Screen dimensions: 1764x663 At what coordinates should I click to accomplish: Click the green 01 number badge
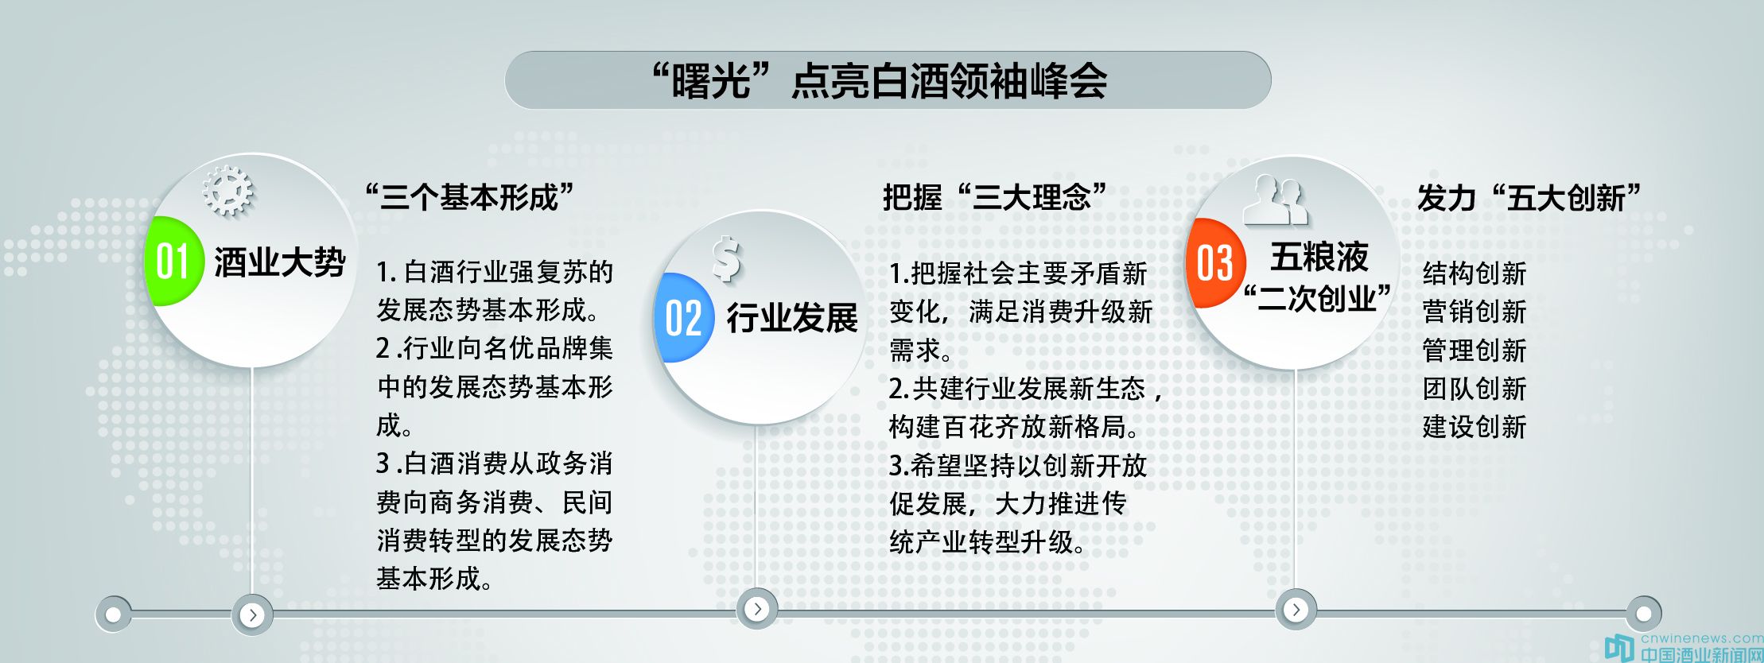pyautogui.click(x=173, y=261)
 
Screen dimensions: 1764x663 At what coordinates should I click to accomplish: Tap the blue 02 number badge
pyautogui.click(x=682, y=318)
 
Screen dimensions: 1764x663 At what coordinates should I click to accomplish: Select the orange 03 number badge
pyautogui.click(x=1214, y=263)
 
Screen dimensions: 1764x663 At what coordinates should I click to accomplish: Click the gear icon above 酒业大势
pyautogui.click(x=227, y=191)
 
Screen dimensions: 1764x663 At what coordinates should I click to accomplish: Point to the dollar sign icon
pyautogui.click(x=727, y=259)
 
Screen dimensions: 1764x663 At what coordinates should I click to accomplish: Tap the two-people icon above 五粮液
pyautogui.click(x=1276, y=200)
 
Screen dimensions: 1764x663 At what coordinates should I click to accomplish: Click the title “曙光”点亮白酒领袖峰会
pyautogui.click(x=879, y=81)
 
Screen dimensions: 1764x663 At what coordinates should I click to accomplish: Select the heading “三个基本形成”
pyautogui.click(x=469, y=196)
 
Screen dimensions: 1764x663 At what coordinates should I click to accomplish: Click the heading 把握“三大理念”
pyautogui.click(x=994, y=196)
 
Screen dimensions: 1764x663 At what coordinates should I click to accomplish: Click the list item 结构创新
pyautogui.click(x=1475, y=273)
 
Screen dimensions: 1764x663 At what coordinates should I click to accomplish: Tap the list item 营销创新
pyautogui.click(x=1475, y=311)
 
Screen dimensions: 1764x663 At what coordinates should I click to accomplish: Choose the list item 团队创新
pyautogui.click(x=1475, y=388)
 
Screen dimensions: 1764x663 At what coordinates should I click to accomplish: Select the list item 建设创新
pyautogui.click(x=1475, y=426)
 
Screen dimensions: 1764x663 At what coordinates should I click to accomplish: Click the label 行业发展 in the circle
pyautogui.click(x=792, y=318)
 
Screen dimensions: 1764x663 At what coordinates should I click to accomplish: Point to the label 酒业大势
pyautogui.click(x=280, y=262)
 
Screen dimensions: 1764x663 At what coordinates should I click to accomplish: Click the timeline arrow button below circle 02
pyautogui.click(x=757, y=609)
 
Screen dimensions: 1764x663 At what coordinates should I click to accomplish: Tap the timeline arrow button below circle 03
pyautogui.click(x=1296, y=610)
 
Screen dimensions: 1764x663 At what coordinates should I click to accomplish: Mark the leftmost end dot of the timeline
pyautogui.click(x=114, y=615)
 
